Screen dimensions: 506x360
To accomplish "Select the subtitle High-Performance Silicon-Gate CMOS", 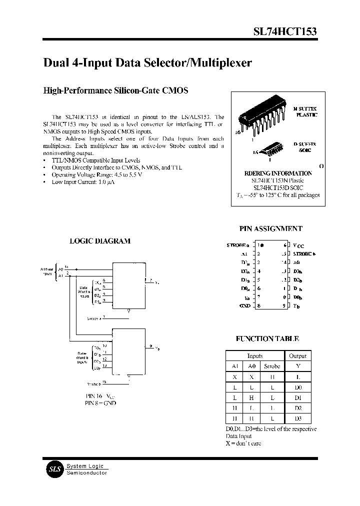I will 116,91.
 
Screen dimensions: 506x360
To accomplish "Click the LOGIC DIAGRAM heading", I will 99,240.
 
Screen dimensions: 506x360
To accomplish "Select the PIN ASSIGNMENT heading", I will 270,228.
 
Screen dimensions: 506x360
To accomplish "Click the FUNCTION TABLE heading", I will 267,338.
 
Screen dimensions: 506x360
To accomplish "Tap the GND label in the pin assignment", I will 245,305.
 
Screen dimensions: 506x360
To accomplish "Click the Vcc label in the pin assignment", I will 298,245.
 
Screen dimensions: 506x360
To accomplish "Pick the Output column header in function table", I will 298,355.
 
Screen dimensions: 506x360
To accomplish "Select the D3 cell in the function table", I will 298,418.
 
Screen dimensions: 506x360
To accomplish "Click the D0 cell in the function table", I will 298,387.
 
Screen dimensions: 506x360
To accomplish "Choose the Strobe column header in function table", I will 272,366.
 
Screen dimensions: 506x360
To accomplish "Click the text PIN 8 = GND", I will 100,402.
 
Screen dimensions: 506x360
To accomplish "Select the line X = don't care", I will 243,443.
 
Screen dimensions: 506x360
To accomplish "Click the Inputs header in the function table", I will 255,355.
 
